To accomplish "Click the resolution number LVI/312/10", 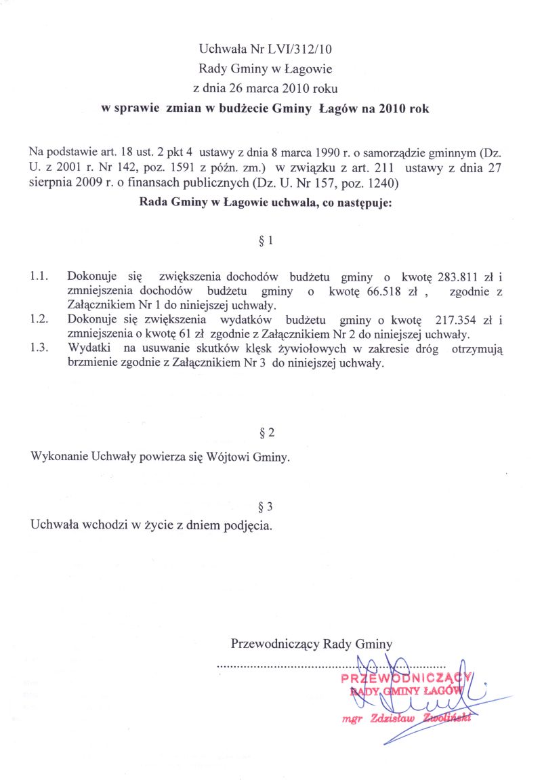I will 301,49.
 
